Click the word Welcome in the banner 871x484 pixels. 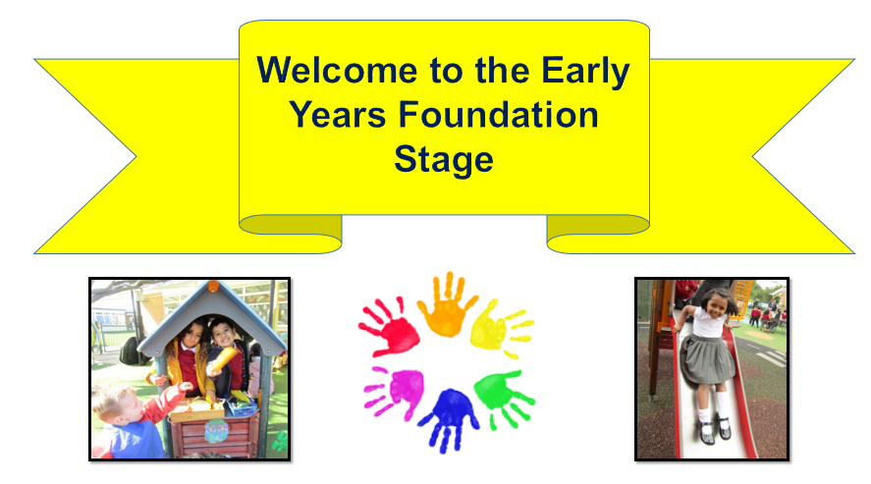[337, 71]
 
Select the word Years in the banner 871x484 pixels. [337, 115]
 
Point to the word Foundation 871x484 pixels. [498, 115]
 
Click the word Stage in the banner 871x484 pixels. [443, 160]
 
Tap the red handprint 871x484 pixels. [390, 328]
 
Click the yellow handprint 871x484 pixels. [500, 329]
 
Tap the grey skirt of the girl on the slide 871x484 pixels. [707, 359]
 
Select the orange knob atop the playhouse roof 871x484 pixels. [213, 287]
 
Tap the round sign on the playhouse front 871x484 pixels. [216, 430]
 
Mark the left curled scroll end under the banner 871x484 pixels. [291, 234]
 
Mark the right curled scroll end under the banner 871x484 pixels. [598, 234]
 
